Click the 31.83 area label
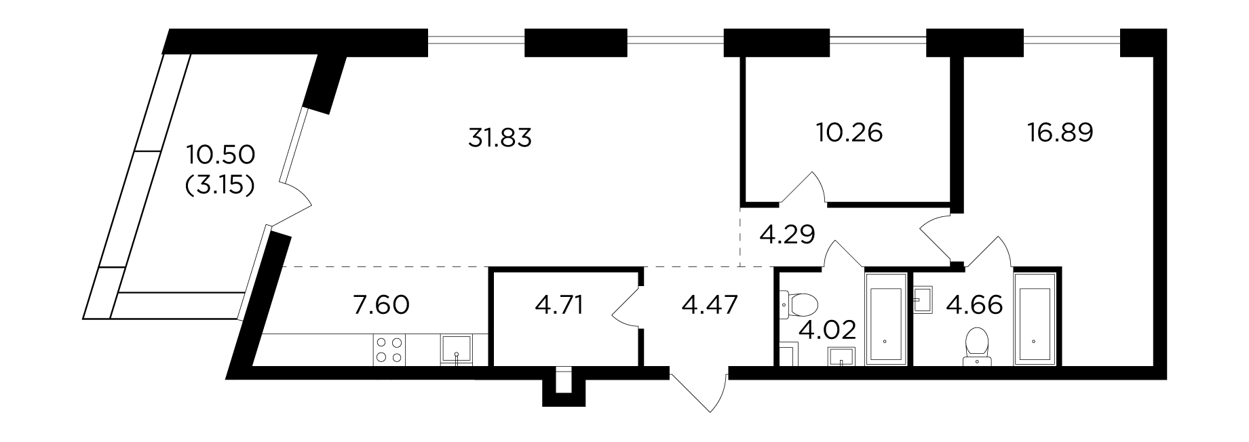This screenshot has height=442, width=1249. click(x=499, y=138)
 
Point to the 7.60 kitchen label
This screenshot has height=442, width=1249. click(x=381, y=305)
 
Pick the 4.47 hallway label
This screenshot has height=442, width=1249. click(x=710, y=305)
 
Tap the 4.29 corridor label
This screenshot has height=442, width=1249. click(x=787, y=235)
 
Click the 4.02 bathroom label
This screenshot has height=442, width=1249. click(x=828, y=331)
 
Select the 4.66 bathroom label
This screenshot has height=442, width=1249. click(x=974, y=305)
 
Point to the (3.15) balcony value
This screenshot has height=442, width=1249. click(x=220, y=184)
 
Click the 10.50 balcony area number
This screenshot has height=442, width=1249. click(x=221, y=155)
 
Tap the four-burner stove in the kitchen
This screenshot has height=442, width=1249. click(x=389, y=350)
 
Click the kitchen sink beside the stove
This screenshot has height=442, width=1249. click(x=458, y=350)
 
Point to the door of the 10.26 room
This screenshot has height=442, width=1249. click(x=803, y=187)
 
